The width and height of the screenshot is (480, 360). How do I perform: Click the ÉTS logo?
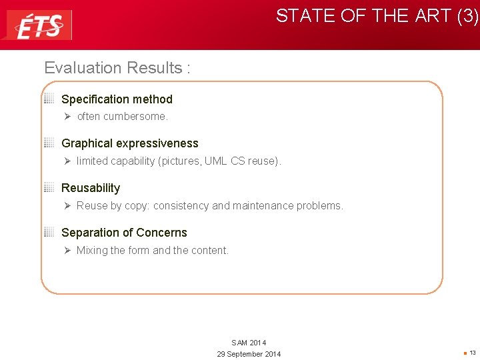(39, 25)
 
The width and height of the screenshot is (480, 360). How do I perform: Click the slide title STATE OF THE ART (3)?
(377, 16)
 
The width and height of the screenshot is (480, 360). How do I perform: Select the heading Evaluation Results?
(117, 68)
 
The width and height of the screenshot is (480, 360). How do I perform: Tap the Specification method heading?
(117, 99)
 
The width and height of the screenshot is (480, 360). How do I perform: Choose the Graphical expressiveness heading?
(130, 143)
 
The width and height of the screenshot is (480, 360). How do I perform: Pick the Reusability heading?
(91, 188)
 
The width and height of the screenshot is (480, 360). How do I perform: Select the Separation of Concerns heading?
(124, 233)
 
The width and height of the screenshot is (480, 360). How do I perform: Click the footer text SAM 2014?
(249, 343)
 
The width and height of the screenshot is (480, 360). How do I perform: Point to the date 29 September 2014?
(249, 354)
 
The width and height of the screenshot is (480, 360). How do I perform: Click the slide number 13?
(472, 353)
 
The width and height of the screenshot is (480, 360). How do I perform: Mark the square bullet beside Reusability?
(49, 187)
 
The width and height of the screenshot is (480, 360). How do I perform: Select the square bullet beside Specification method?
(49, 99)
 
